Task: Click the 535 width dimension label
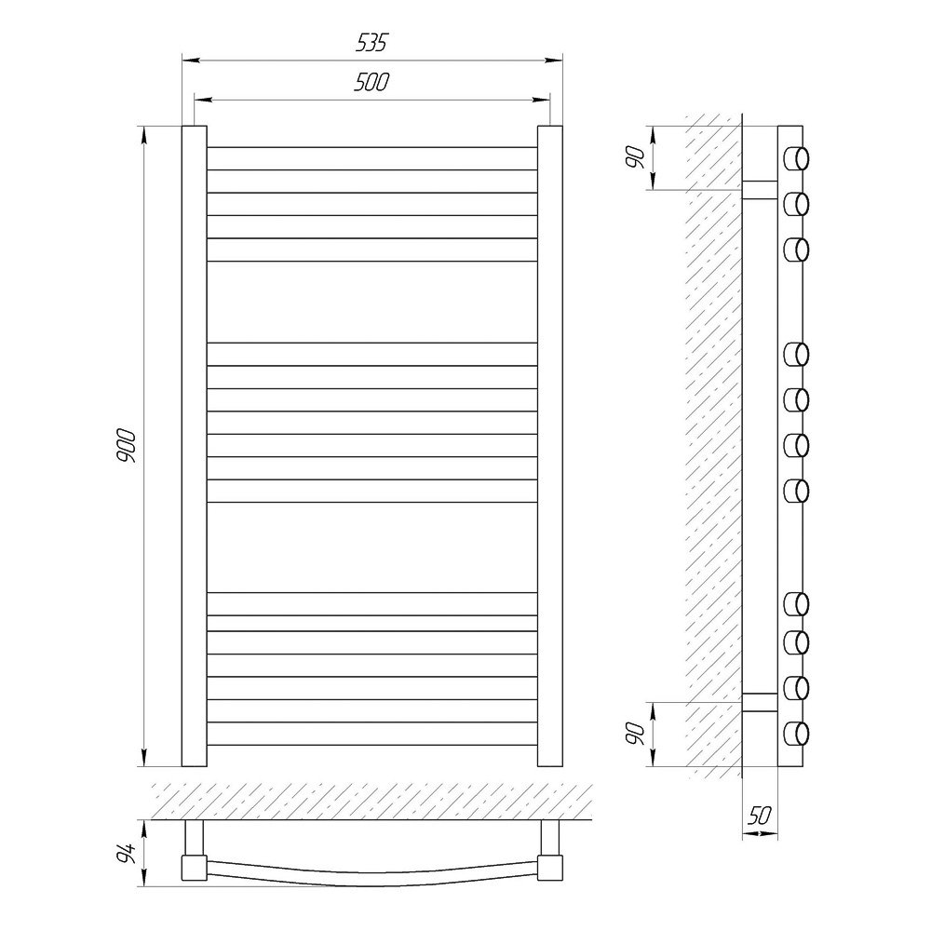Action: [371, 43]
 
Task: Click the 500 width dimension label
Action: [371, 82]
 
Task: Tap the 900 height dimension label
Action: [127, 446]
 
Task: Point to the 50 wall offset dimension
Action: [760, 817]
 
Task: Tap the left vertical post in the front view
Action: [195, 446]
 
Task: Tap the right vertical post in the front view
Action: [550, 446]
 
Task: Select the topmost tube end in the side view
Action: [797, 158]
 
